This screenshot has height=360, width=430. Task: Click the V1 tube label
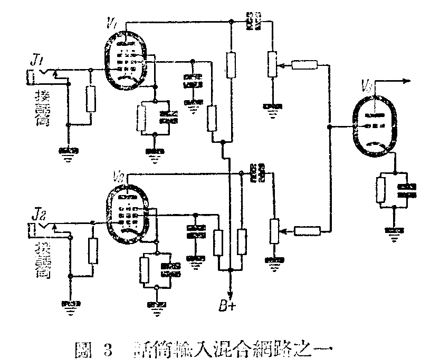point(111,23)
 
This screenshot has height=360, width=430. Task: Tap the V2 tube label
point(119,175)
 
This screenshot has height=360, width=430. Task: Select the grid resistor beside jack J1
point(91,98)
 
